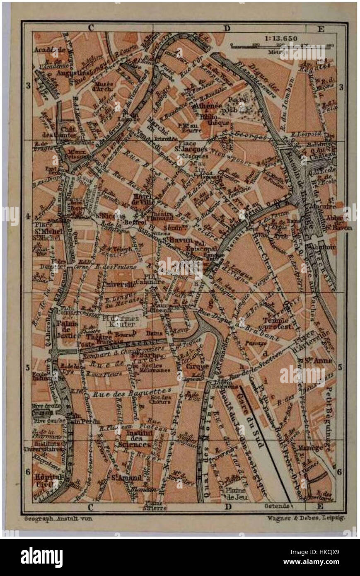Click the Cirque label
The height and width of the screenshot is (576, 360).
[194, 367]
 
